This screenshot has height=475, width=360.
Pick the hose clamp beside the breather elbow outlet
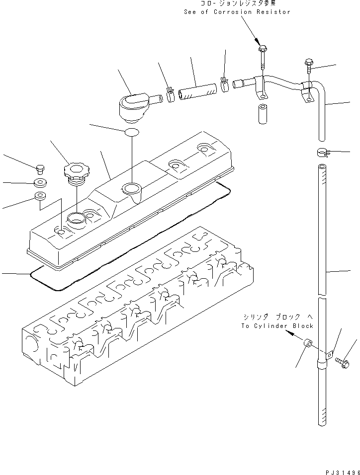tap(170, 94)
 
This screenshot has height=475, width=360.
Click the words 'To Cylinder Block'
tap(277, 326)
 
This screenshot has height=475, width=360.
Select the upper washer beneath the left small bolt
tap(40, 182)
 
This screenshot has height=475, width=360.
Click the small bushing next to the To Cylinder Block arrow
tap(308, 344)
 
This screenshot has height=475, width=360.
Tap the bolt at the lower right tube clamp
tap(342, 363)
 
